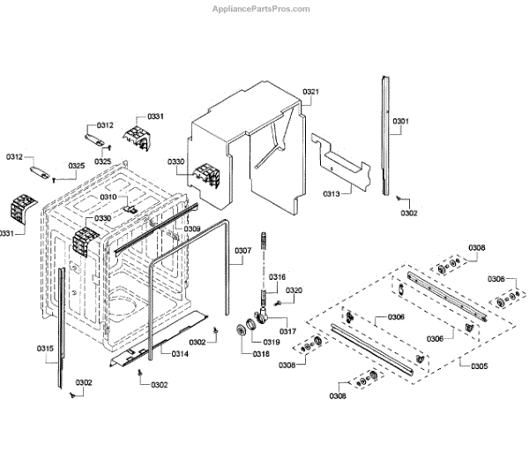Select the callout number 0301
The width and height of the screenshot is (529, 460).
(401, 120)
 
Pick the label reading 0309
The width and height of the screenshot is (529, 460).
(192, 229)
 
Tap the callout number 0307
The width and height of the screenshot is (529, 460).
(243, 251)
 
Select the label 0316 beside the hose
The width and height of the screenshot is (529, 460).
(277, 277)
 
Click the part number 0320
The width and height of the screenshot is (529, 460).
(294, 290)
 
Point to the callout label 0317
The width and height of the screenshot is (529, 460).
(288, 332)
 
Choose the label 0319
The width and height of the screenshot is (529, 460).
(271, 342)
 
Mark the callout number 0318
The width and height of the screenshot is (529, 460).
(261, 354)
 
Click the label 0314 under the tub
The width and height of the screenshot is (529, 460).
(180, 353)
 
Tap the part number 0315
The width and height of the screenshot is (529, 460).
(45, 349)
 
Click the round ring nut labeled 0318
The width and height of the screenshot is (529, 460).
(239, 331)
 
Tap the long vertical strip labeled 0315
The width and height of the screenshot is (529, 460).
(62, 327)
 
